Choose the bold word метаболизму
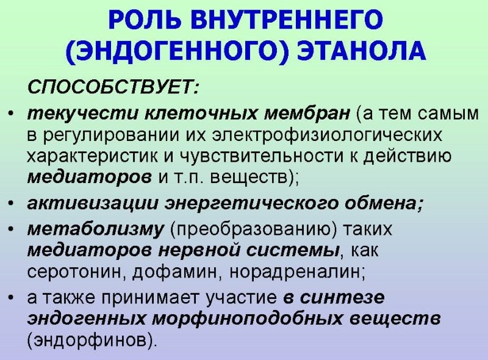pyautogui.click(x=96, y=229)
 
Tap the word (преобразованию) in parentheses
pyautogui.click(x=242, y=229)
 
